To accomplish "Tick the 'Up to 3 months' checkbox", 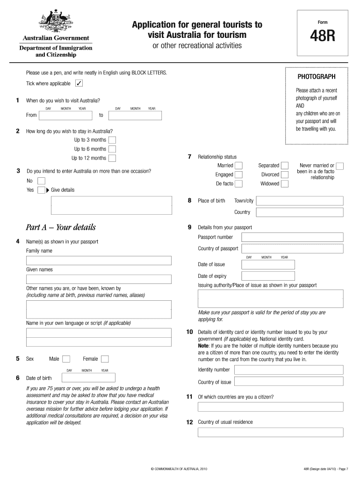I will [x=112, y=140].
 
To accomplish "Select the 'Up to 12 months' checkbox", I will [x=112, y=158].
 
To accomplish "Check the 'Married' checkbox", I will [x=238, y=166].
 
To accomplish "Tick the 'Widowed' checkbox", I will [x=284, y=184].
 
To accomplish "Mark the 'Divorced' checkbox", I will [x=284, y=174].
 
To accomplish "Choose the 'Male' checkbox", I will [x=66, y=359].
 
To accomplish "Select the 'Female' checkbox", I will [x=105, y=359].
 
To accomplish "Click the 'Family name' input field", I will [x=99, y=261].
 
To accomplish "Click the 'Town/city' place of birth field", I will [x=300, y=201].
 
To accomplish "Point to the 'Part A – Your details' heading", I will [x=61, y=227].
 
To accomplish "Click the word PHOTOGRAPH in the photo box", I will [x=316, y=77].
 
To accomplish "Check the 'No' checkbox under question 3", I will [x=41, y=181].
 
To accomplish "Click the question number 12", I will [x=190, y=422].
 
